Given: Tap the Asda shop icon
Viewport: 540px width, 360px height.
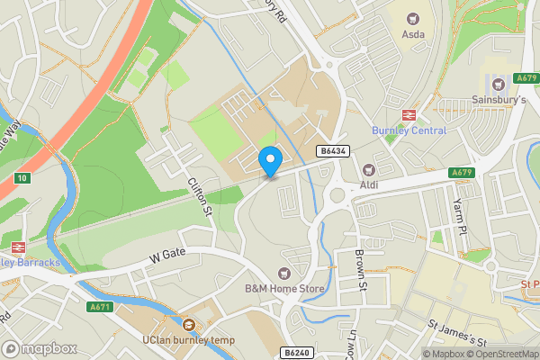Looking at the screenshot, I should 414,18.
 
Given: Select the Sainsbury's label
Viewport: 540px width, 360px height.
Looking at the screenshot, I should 498,99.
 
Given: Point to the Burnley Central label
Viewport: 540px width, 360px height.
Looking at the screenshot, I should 410,130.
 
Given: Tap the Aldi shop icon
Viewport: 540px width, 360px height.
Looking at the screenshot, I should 367,169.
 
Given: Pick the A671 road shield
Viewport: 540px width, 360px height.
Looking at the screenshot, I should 99,307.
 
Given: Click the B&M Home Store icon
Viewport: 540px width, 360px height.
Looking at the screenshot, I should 285,273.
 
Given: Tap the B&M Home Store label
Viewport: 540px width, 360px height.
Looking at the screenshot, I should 284,289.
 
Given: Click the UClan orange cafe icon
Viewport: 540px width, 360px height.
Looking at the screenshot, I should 189,325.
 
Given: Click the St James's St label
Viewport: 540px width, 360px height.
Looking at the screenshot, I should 456,334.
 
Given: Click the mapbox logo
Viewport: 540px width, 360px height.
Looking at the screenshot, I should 38,348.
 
